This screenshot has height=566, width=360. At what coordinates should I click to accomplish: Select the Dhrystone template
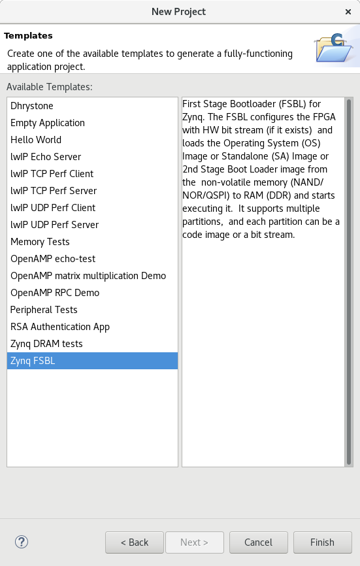[32, 106]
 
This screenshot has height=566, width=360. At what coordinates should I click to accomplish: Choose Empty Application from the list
[48, 123]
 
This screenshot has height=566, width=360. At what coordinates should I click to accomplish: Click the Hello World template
[36, 140]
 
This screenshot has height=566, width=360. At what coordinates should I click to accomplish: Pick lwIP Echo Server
[46, 157]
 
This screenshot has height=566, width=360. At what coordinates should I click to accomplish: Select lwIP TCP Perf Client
[52, 174]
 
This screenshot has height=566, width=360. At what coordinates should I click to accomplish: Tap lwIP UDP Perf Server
[54, 225]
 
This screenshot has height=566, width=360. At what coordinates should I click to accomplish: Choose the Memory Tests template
[40, 242]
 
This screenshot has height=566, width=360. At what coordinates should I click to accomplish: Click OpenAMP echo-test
[53, 259]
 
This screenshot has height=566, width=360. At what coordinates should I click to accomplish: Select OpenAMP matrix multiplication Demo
[88, 276]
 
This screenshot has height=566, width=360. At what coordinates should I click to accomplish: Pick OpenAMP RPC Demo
[55, 293]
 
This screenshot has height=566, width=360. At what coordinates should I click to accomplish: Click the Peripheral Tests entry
[44, 310]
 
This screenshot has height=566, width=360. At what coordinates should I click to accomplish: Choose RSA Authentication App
[60, 327]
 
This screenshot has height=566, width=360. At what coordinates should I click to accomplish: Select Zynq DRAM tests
[46, 344]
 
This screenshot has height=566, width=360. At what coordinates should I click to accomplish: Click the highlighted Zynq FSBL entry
[92, 361]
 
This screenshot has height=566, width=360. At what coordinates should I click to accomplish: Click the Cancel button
[258, 542]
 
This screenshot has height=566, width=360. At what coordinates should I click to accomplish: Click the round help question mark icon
[22, 542]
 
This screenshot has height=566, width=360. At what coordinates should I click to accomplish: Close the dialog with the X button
[348, 12]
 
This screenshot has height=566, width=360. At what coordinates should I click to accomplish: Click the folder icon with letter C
[334, 48]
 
